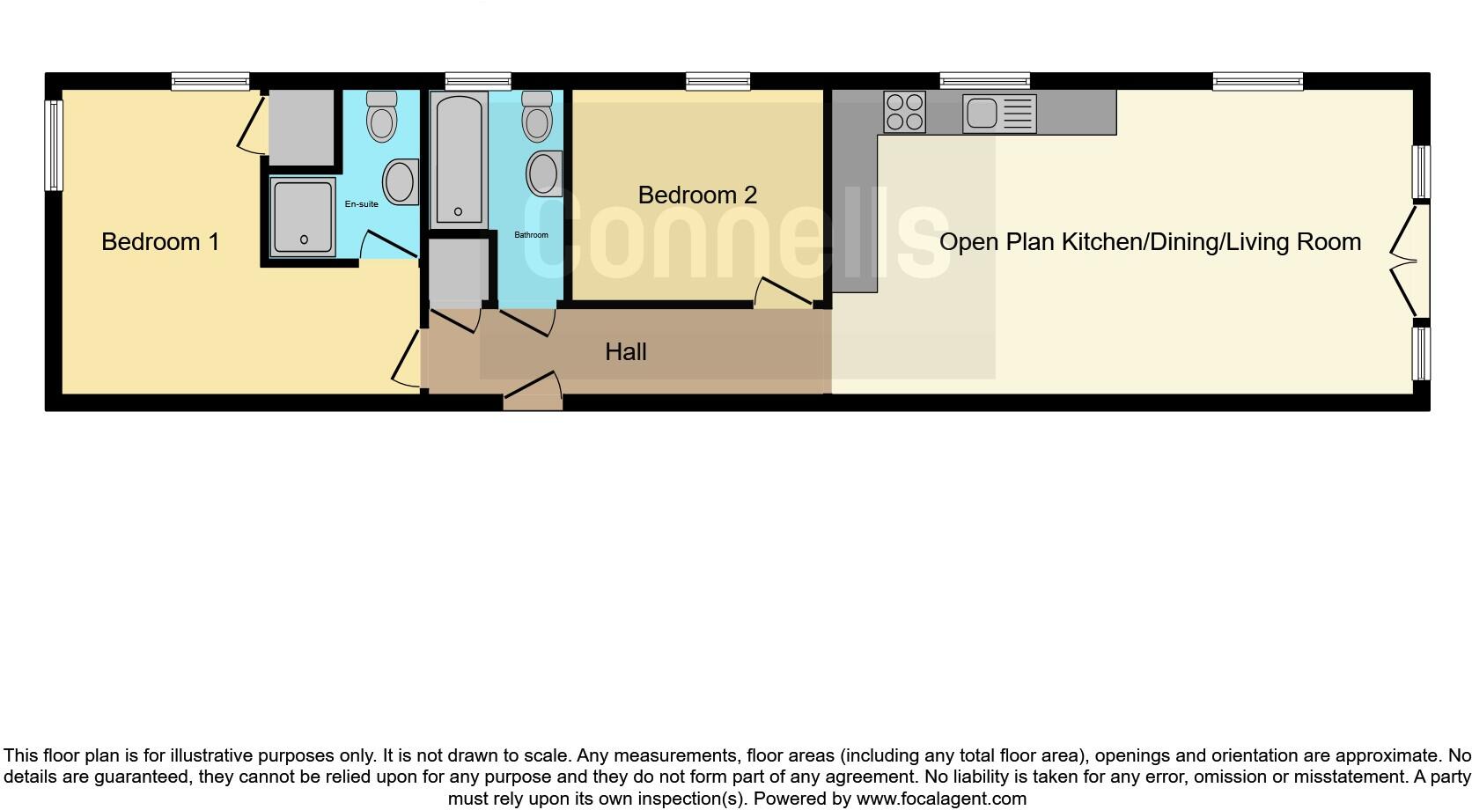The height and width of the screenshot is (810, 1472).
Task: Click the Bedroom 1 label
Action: coord(160,241)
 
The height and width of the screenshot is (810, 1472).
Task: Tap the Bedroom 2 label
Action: coord(697,195)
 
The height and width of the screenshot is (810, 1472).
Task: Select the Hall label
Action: coord(626,352)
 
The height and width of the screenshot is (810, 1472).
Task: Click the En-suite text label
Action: coord(361,204)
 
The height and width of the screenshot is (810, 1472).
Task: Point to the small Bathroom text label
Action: coord(531,235)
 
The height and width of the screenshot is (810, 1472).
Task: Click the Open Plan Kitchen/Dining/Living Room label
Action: coord(1150,242)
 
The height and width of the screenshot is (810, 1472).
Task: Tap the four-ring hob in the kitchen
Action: coord(904,113)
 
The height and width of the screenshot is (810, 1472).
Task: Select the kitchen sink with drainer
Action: coord(999,114)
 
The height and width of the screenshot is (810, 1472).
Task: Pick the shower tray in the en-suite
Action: coord(303,217)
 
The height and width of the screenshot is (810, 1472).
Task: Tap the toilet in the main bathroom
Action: coord(536,116)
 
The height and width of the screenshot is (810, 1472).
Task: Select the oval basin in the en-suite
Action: coord(401,181)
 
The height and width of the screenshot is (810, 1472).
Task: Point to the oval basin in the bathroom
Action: coord(544,173)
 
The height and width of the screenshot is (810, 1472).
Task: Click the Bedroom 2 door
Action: coord(783,294)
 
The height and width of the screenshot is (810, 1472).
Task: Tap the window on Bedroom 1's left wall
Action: coord(54,145)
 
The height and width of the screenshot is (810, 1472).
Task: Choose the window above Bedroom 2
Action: coord(718,82)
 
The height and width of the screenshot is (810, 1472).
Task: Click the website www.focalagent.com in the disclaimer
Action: coord(941,799)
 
